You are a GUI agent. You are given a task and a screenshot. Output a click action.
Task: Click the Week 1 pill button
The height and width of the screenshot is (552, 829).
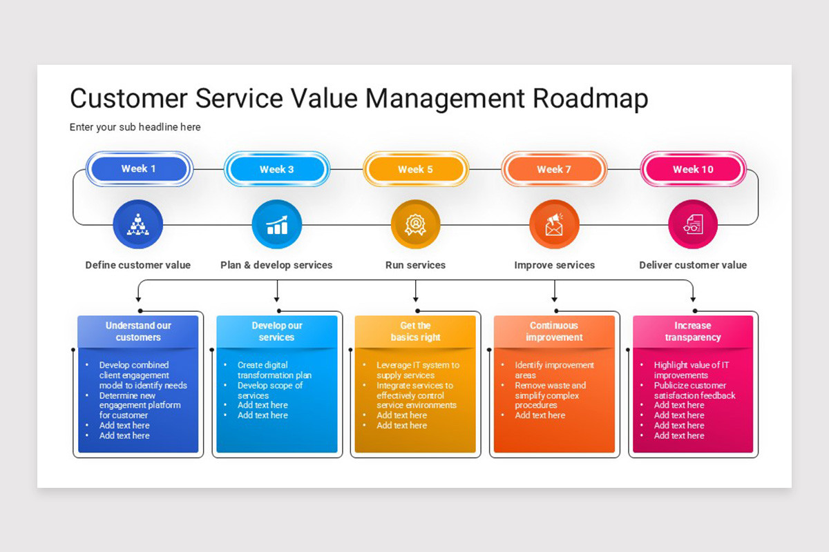coord(138,169)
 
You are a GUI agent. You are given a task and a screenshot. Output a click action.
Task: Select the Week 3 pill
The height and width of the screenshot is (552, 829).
coord(276,169)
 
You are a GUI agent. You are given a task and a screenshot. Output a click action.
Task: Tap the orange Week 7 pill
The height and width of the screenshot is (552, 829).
coord(554,169)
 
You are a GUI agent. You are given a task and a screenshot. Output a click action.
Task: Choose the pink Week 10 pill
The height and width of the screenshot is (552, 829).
coord(693,169)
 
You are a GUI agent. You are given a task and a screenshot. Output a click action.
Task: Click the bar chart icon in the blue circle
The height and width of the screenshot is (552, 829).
coord(277,225)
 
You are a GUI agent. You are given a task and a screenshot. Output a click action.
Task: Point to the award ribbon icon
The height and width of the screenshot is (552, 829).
coord(415,225)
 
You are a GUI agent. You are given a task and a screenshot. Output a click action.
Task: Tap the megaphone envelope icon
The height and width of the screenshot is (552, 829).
coord(554,225)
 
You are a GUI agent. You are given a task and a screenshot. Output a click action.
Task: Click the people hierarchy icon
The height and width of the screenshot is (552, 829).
coord(138,225)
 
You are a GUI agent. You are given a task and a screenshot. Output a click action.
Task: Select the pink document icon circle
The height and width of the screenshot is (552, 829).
coord(693,225)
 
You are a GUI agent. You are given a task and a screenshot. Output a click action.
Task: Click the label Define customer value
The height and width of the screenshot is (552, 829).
coord(138,265)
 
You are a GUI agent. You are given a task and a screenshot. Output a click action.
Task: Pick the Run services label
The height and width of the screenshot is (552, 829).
coord(415,265)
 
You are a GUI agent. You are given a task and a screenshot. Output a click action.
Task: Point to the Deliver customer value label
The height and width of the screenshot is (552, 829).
coord(693,265)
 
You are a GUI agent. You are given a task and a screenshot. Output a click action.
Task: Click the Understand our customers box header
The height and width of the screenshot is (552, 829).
coord(138,331)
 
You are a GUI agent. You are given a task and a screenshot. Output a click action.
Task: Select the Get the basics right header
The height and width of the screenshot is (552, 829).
coord(415,331)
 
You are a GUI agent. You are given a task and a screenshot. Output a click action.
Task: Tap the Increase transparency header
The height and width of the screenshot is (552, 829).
coord(693,331)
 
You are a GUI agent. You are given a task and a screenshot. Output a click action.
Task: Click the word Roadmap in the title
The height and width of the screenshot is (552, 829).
coord(590,99)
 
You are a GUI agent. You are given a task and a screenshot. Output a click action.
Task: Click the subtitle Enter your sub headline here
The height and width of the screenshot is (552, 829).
coord(135,127)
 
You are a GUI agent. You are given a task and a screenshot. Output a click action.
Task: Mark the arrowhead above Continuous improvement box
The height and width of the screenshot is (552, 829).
coord(554,299)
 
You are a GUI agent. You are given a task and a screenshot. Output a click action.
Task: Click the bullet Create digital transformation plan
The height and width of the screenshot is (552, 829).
coord(274,370)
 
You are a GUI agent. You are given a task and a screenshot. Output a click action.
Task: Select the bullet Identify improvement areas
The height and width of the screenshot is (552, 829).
coord(554,370)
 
